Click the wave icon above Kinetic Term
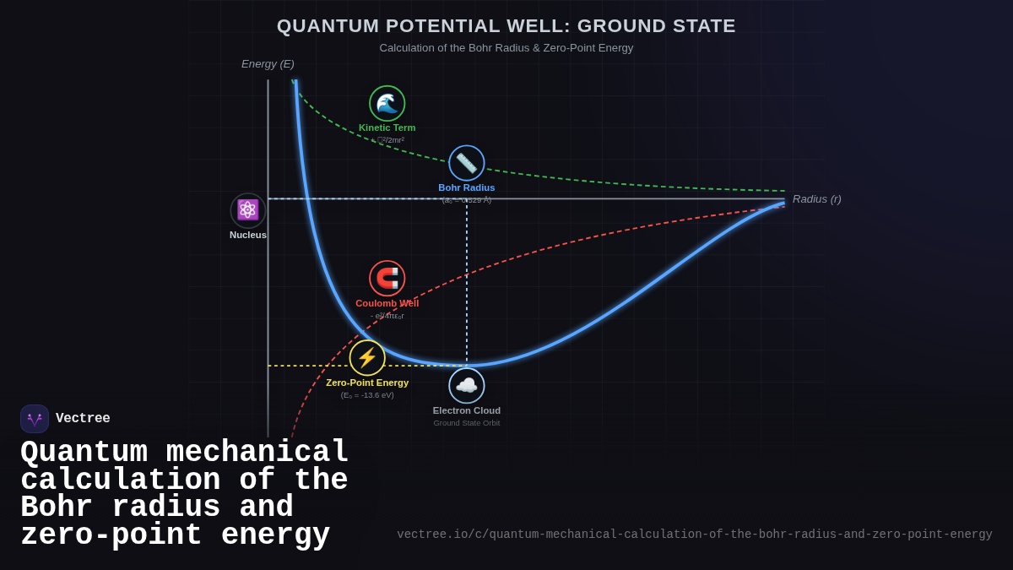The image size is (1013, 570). click(x=387, y=103)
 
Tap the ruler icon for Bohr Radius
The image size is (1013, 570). click(x=467, y=163)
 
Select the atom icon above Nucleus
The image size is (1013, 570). click(x=248, y=210)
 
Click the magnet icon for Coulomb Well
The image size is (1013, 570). click(x=387, y=279)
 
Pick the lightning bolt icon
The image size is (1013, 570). click(x=367, y=358)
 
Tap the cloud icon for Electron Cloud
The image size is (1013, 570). click(x=467, y=386)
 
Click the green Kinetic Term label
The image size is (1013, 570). click(x=387, y=128)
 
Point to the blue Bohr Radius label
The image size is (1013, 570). click(x=467, y=187)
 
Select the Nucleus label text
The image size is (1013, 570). click(x=248, y=235)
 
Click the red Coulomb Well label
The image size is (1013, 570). click(x=387, y=303)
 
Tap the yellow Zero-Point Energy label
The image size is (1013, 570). click(x=367, y=383)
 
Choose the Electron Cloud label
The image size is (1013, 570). click(x=467, y=410)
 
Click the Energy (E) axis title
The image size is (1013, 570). click(x=268, y=63)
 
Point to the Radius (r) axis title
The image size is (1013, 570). click(x=816, y=199)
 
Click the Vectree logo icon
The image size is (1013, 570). click(x=35, y=419)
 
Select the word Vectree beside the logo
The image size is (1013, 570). click(x=83, y=419)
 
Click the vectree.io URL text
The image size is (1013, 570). click(x=694, y=535)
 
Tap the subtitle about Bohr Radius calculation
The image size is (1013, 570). click(x=506, y=48)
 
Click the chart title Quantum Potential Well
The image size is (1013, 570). click(x=506, y=26)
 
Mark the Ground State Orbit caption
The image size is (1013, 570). click(x=467, y=423)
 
